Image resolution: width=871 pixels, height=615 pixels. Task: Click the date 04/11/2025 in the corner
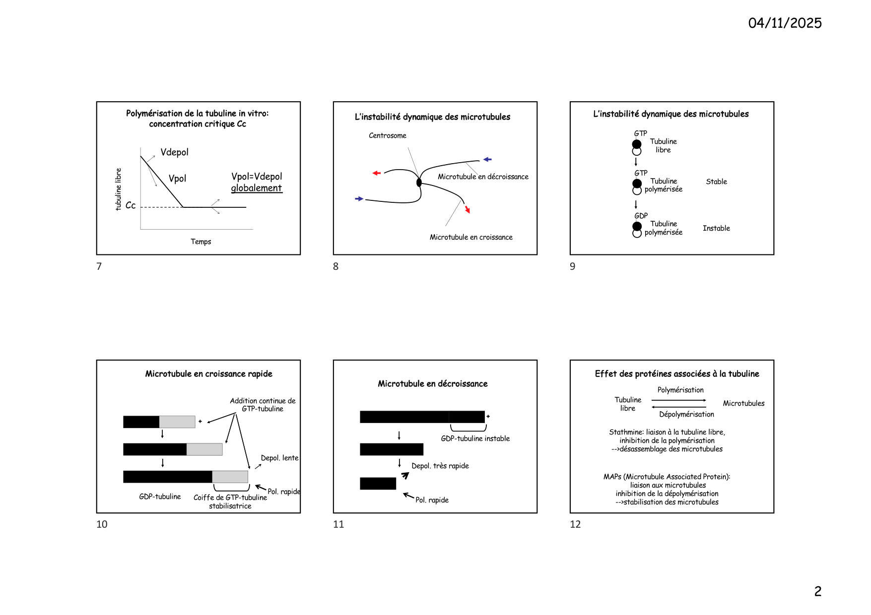[785, 23]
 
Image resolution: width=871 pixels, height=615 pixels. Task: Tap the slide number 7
[99, 266]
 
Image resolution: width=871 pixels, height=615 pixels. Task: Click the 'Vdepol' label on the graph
[174, 152]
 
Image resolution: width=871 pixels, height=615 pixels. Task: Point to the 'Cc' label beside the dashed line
[131, 205]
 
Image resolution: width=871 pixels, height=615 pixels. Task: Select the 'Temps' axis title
[201, 242]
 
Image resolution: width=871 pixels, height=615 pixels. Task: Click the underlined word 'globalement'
[256, 188]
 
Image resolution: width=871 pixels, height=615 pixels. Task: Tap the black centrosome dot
[419, 183]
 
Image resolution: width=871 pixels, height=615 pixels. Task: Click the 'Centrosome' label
[387, 135]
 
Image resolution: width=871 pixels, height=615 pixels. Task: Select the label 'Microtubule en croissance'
[471, 237]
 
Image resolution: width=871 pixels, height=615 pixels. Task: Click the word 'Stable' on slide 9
[716, 182]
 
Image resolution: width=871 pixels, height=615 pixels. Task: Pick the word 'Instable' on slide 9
[716, 228]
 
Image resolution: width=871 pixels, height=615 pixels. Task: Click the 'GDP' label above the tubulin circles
[641, 216]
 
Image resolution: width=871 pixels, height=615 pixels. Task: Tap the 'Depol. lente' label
[279, 458]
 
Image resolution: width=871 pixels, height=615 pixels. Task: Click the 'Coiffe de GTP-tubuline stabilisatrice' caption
[230, 501]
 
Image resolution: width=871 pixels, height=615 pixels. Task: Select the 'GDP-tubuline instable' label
[475, 438]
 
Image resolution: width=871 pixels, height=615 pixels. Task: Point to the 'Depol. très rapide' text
[440, 466]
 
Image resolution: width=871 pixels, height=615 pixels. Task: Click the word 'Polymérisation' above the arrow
[680, 390]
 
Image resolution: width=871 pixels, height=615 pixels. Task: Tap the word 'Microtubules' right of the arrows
[743, 403]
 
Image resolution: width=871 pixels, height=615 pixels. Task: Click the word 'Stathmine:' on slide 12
[626, 432]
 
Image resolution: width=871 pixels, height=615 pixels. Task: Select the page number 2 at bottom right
[818, 591]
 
